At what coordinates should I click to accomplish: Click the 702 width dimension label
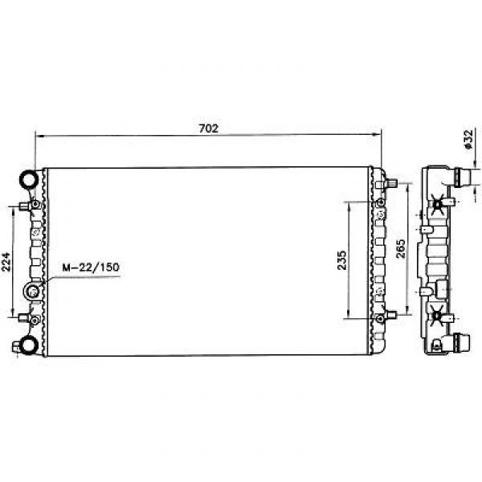[209, 129]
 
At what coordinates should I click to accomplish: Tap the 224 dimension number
[6, 262]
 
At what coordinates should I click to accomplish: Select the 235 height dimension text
[341, 260]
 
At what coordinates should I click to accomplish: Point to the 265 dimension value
[400, 249]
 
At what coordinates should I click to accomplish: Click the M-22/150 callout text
[91, 268]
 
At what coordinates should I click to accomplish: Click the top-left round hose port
[30, 178]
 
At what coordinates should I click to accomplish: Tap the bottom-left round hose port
[30, 345]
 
